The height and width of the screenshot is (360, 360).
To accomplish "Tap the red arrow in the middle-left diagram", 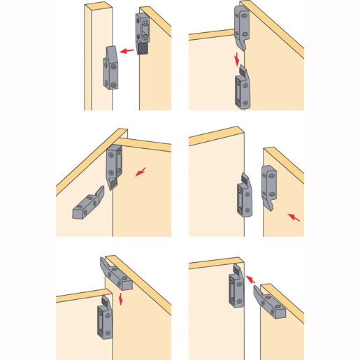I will pyautogui.click(x=143, y=171).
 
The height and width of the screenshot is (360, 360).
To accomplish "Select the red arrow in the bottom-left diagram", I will pyautogui.click(x=120, y=299).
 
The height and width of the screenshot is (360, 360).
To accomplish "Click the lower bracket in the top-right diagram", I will pyautogui.click(x=240, y=89).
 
